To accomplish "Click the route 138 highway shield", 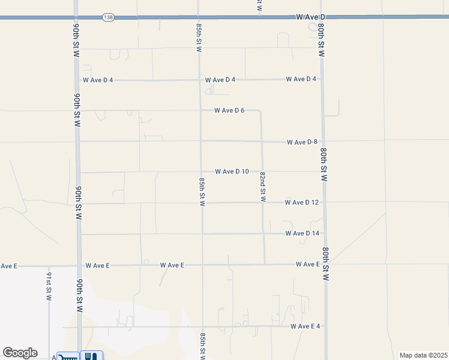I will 108,17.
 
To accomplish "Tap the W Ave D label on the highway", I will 310,17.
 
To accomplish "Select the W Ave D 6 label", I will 231,110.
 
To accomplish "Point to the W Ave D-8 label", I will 302,142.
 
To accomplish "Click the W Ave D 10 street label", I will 232,172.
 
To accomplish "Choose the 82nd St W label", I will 263,187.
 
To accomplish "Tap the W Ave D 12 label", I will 302,203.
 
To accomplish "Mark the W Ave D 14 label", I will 303,233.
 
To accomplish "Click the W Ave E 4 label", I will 306,326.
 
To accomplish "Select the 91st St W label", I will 49,286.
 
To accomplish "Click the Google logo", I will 20,353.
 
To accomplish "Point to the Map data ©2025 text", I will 423,355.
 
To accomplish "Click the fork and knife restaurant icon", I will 91,356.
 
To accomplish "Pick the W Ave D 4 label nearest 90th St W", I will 98,80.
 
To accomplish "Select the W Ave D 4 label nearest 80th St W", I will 301,79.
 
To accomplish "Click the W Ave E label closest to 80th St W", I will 307,265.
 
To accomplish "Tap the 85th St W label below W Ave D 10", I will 202,191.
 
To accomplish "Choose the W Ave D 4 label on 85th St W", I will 220,80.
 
